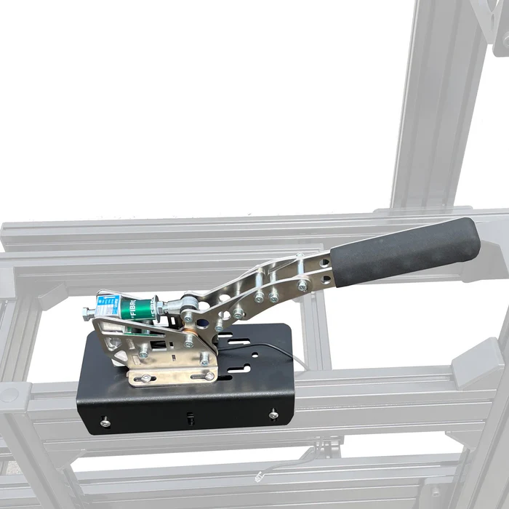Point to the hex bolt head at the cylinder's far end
(88, 313)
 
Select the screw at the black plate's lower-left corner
(105, 420)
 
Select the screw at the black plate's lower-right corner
(273, 414)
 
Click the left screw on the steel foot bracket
(145, 378)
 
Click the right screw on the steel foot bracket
(209, 375)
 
